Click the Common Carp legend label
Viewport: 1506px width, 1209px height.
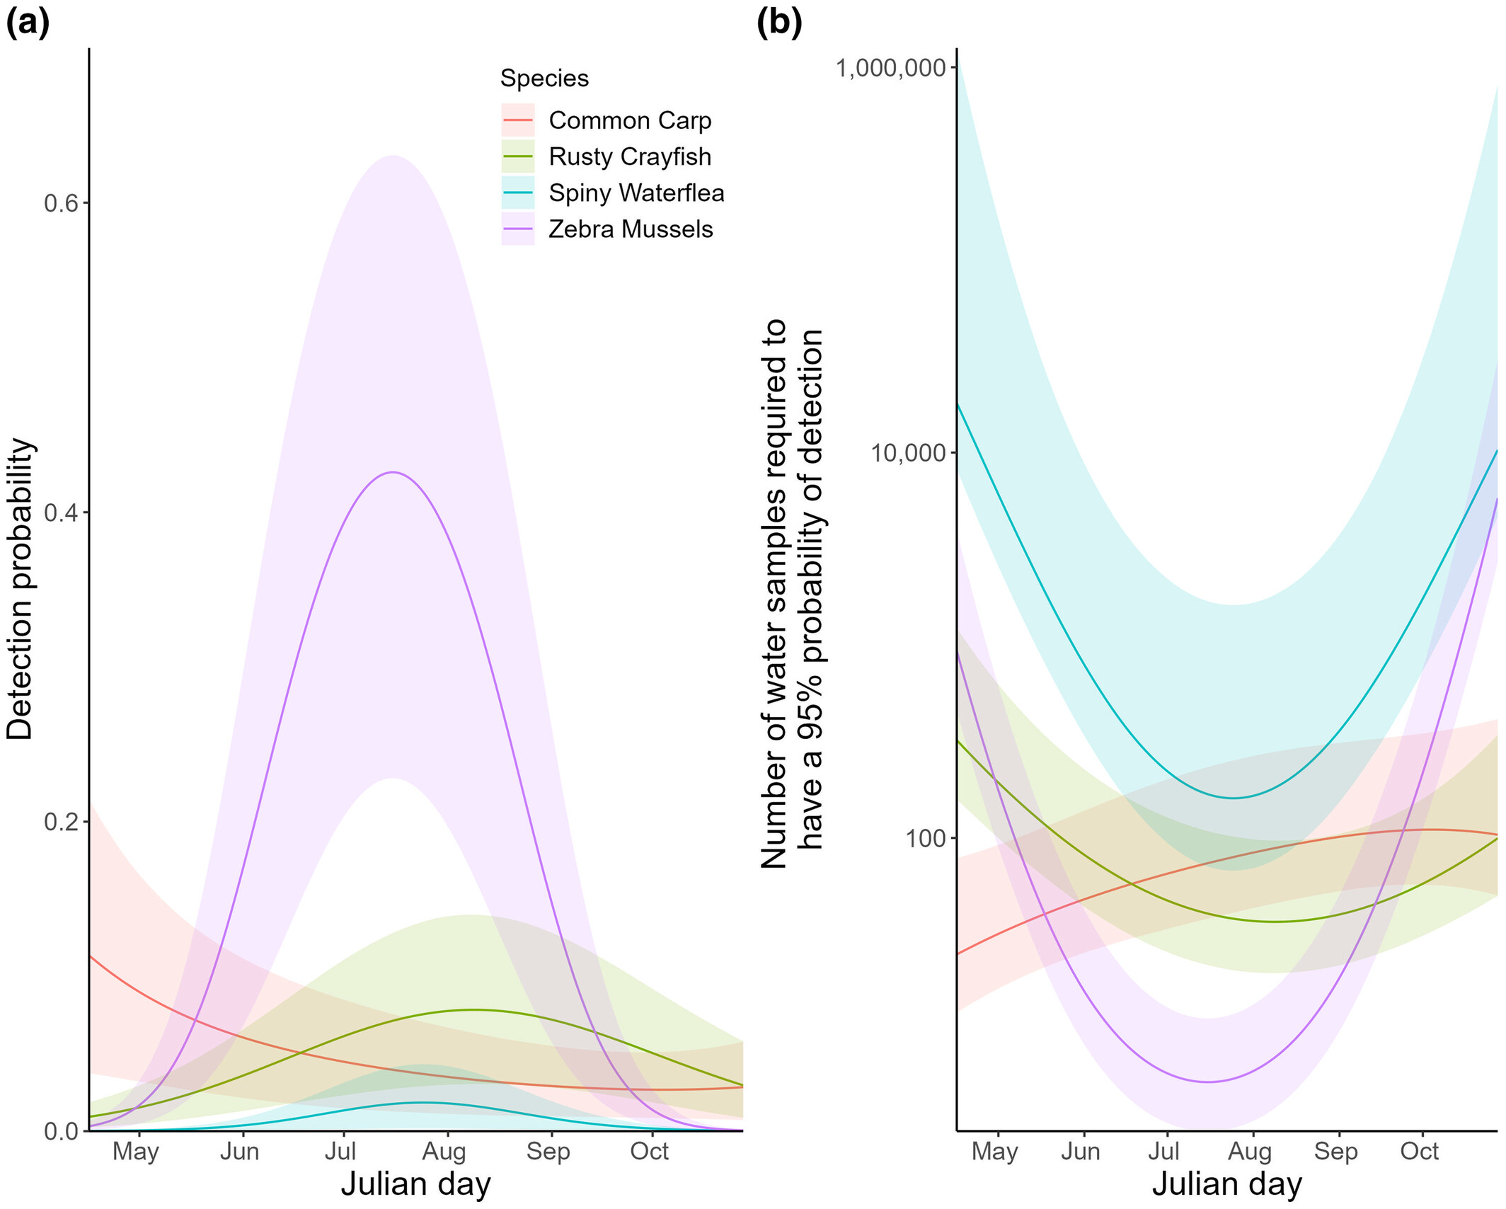(629, 121)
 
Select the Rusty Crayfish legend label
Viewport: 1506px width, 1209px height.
(629, 157)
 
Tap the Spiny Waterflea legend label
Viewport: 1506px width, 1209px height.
(636, 193)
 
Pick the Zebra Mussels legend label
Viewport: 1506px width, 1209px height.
(631, 229)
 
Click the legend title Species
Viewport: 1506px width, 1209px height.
(544, 79)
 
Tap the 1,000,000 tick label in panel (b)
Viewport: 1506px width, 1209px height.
(890, 69)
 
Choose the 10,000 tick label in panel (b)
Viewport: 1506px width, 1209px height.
(908, 453)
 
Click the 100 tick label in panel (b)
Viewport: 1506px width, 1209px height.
(926, 839)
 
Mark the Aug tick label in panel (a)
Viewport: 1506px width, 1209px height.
(444, 1152)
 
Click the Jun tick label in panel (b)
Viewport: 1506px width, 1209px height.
(1080, 1152)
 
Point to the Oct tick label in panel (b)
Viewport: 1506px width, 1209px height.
(1419, 1152)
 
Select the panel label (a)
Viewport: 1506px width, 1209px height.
(28, 23)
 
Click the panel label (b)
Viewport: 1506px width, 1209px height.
(779, 23)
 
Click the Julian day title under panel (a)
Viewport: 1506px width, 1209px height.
(415, 1184)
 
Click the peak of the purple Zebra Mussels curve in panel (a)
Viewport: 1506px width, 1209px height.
(392, 472)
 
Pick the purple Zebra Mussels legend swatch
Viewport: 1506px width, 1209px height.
(517, 229)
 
